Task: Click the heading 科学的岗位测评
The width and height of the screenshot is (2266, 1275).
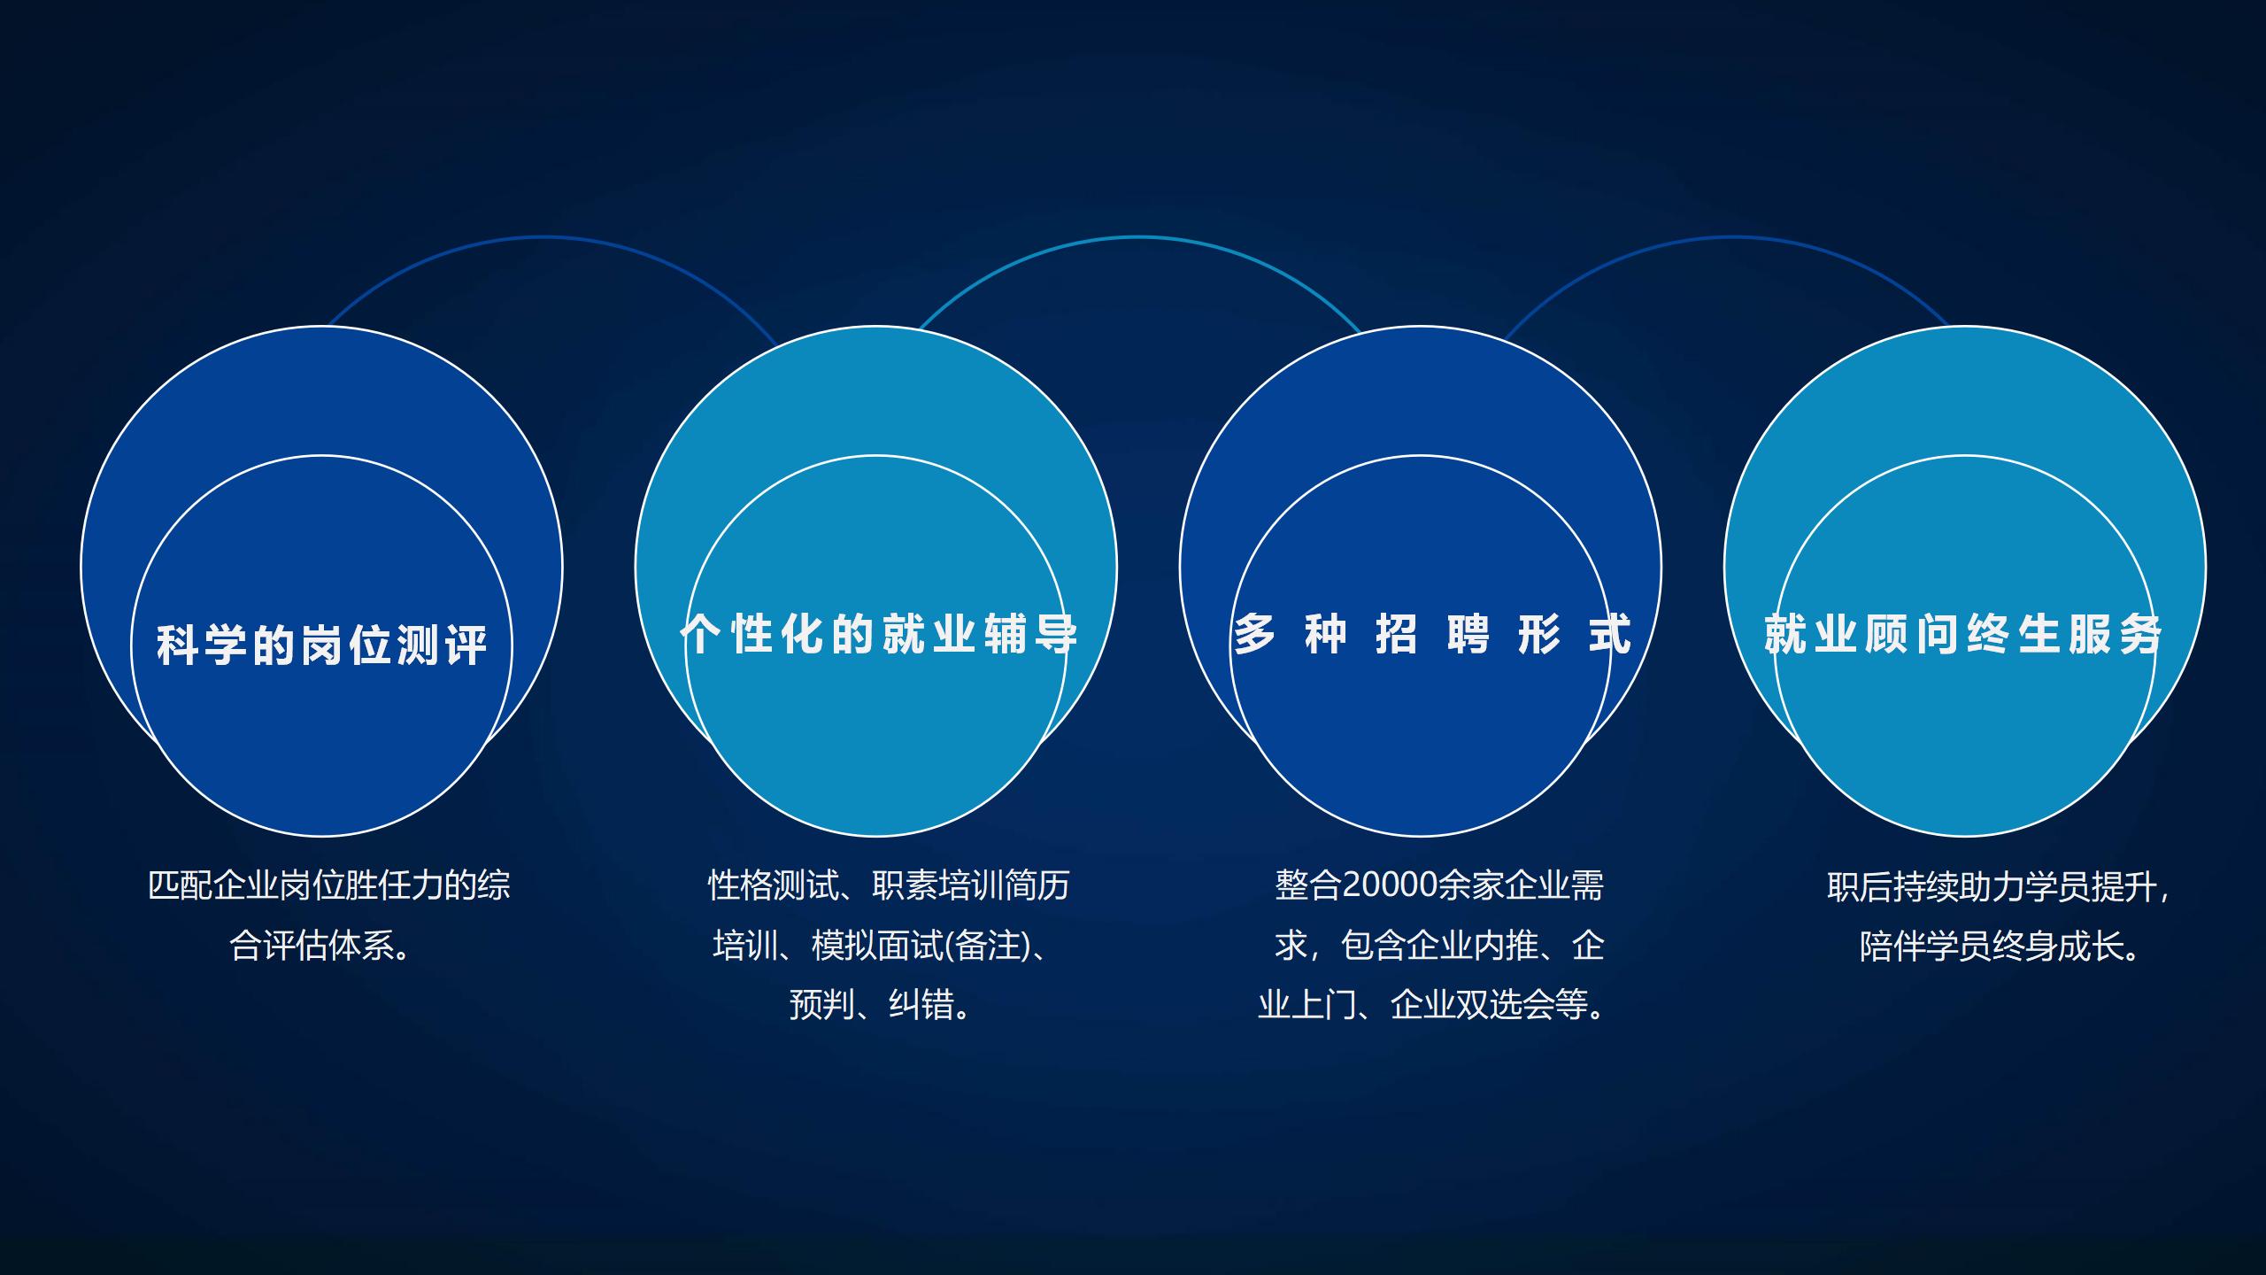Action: click(x=322, y=645)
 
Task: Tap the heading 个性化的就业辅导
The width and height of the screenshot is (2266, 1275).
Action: click(x=879, y=634)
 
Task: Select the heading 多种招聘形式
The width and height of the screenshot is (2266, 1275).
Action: click(x=1432, y=634)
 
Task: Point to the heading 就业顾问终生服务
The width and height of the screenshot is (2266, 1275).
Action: click(x=1963, y=634)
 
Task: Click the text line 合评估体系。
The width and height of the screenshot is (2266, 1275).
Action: click(x=322, y=946)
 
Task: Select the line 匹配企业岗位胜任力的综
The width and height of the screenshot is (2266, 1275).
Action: click(x=329, y=885)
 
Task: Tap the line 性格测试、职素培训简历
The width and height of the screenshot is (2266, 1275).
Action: click(x=889, y=885)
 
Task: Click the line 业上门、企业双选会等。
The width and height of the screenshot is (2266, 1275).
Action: click(x=1432, y=1005)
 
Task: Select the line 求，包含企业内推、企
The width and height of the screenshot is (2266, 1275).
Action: click(x=1439, y=946)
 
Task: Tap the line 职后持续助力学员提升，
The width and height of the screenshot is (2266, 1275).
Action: click(x=1999, y=885)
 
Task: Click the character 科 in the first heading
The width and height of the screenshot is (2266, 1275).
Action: click(x=176, y=645)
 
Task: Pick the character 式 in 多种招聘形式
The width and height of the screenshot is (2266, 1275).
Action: click(x=1609, y=634)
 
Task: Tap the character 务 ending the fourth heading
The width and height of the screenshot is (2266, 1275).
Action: click(x=2140, y=634)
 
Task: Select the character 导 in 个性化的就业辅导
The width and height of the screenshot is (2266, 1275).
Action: click(x=1056, y=634)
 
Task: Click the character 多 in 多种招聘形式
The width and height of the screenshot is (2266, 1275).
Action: click(x=1255, y=634)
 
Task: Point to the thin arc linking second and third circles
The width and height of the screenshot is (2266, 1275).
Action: click(x=1138, y=237)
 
